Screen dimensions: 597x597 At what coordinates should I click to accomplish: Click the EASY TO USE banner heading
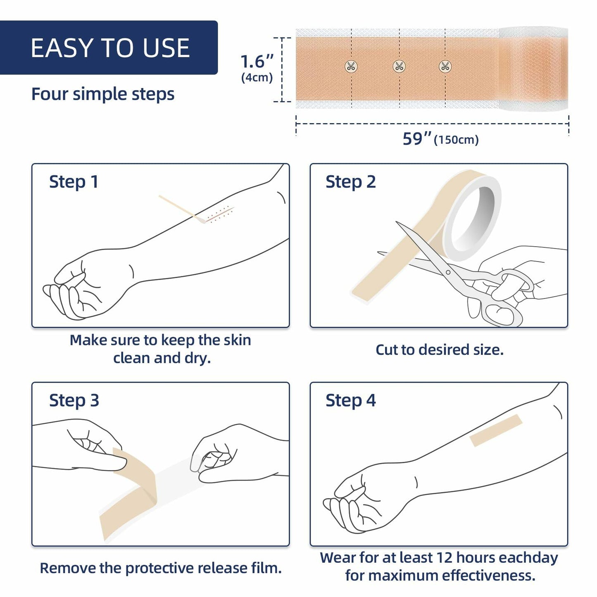click(x=110, y=48)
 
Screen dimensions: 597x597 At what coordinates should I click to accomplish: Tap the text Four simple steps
click(x=103, y=94)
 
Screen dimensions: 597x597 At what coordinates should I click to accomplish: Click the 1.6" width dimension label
click(x=257, y=62)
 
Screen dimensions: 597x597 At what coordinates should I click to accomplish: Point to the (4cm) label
click(x=257, y=78)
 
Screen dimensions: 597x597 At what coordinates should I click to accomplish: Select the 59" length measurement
click(x=417, y=139)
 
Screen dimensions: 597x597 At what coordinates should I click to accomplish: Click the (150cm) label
click(x=456, y=140)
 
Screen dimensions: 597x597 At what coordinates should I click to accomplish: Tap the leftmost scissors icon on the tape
click(x=351, y=66)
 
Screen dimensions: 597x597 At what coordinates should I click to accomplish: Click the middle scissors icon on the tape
click(x=399, y=66)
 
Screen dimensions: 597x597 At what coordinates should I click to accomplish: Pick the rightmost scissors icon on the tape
click(x=445, y=66)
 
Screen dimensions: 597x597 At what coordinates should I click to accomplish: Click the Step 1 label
click(x=74, y=182)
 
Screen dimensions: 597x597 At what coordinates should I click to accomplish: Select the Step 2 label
click(x=350, y=182)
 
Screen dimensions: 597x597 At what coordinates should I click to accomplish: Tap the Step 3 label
click(x=74, y=400)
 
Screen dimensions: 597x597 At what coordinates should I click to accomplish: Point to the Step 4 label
click(x=350, y=400)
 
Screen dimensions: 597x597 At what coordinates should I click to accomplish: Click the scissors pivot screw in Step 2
click(x=448, y=272)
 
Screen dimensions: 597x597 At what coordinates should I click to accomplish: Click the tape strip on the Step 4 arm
click(x=496, y=431)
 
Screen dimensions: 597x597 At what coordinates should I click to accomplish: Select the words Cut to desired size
click(x=439, y=350)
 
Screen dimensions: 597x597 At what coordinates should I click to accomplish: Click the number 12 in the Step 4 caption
click(x=445, y=558)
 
